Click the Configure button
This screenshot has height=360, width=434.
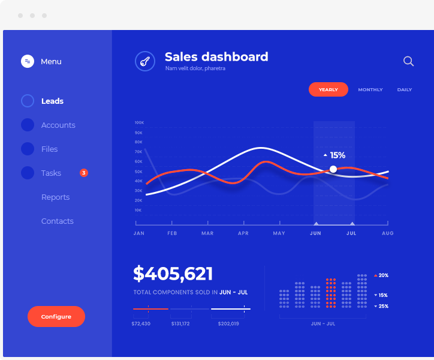click(56, 316)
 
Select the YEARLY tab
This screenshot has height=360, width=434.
click(328, 89)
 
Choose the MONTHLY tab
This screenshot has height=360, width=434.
click(370, 89)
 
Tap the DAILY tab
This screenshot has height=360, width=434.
click(405, 89)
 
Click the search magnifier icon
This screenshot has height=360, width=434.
click(409, 61)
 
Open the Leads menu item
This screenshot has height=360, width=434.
click(52, 101)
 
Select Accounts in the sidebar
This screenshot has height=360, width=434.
click(58, 125)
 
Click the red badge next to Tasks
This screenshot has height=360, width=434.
click(84, 173)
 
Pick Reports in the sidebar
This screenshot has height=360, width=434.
click(55, 197)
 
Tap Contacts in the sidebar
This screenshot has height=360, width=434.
click(58, 221)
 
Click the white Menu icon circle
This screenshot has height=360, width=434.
click(28, 61)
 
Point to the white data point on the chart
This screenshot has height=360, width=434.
click(333, 169)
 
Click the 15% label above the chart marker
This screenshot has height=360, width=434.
click(337, 155)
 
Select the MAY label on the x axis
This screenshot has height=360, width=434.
click(279, 233)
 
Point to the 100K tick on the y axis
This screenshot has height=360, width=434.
click(139, 122)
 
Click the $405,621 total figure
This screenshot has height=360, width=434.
click(173, 274)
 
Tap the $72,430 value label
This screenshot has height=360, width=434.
click(141, 324)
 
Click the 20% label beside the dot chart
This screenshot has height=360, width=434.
click(383, 275)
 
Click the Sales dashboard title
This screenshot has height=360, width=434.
click(216, 57)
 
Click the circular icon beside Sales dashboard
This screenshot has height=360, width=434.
click(145, 61)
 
